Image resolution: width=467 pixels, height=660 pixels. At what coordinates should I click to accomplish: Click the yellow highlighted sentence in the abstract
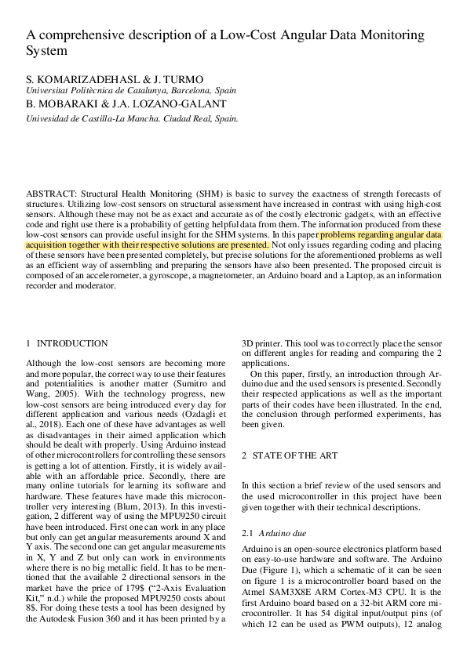pyautogui.click(x=235, y=239)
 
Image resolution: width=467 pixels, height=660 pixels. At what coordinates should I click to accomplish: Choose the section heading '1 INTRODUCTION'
pyautogui.click(x=67, y=343)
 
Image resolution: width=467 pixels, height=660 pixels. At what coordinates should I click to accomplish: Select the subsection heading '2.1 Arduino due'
pyautogui.click(x=275, y=532)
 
